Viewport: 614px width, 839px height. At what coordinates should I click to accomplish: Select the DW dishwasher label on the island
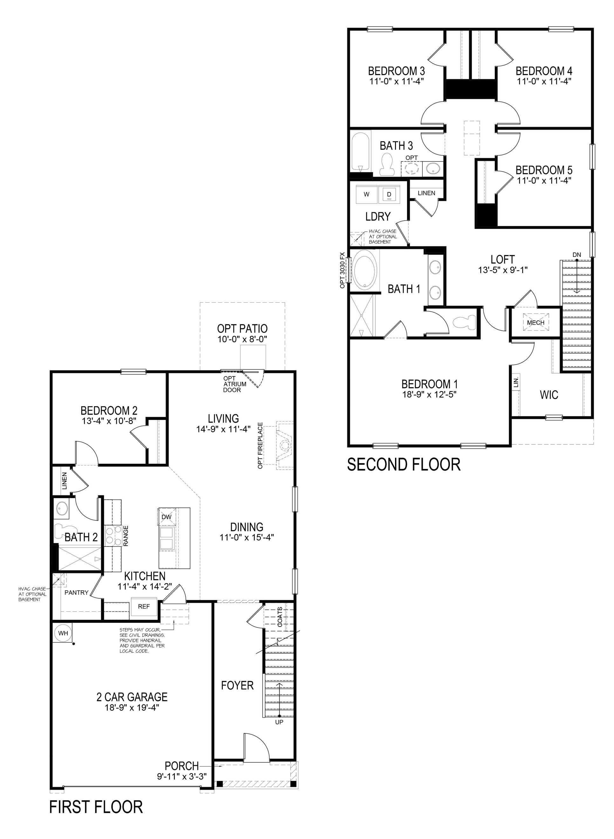(166, 517)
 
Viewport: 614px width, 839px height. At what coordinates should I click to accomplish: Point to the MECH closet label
(535, 323)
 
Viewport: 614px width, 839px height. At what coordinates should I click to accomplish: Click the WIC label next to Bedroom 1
(549, 395)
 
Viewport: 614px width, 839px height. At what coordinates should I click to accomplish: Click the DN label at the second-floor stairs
(576, 255)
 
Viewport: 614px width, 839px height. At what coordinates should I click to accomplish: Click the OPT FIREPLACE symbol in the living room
(285, 445)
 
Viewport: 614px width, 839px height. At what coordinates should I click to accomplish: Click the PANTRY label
(76, 593)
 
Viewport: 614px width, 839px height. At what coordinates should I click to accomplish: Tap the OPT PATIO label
(242, 329)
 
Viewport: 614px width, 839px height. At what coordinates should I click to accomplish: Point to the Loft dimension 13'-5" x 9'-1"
(502, 270)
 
